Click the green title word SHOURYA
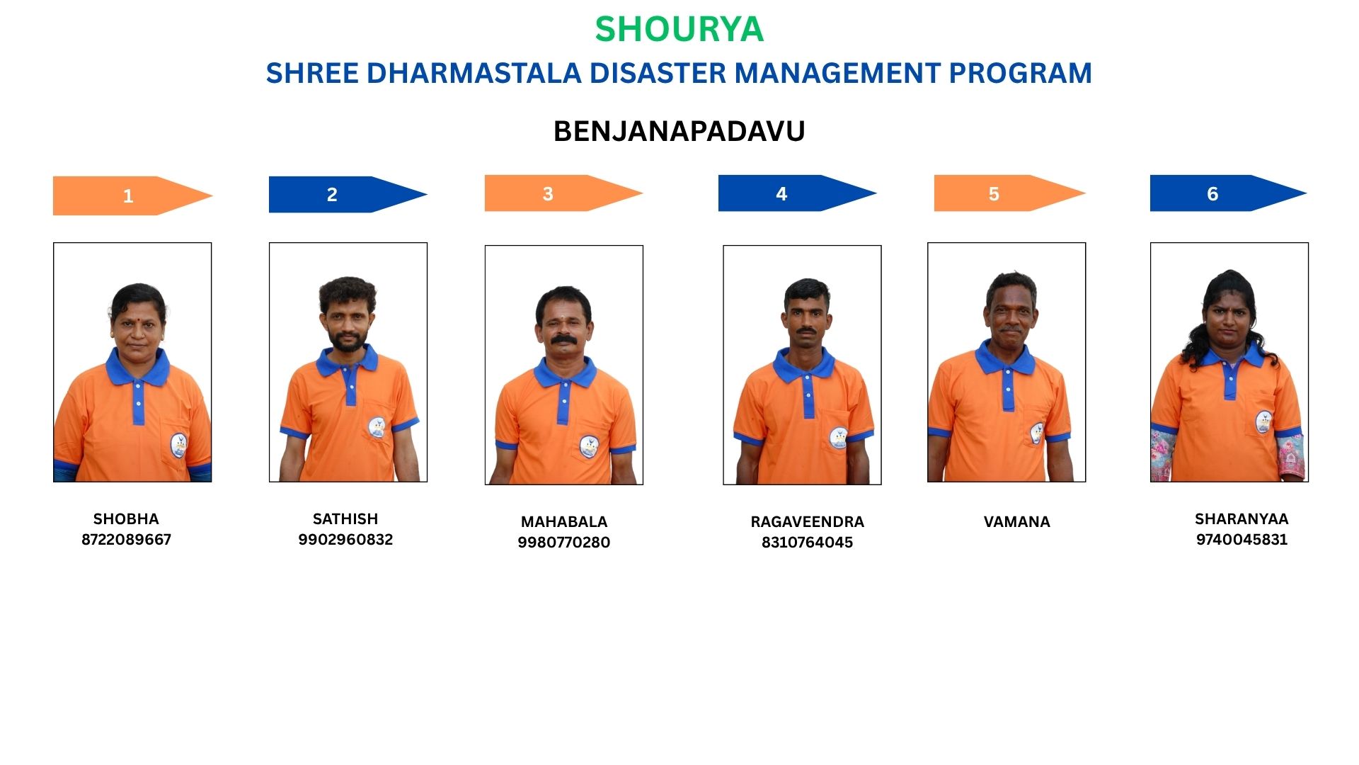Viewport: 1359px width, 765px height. click(679, 29)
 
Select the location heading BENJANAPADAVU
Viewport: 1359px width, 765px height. click(679, 132)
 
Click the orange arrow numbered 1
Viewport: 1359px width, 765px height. click(132, 195)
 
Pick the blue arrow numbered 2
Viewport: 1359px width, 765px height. click(348, 194)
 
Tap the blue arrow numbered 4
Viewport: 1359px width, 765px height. click(798, 193)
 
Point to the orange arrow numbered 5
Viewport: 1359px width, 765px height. click(1010, 193)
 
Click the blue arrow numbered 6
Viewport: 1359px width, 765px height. click(1229, 193)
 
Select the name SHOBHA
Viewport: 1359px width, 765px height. click(126, 519)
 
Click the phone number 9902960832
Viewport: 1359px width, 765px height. click(345, 540)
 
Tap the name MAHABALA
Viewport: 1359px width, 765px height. click(564, 522)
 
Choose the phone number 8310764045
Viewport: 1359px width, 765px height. click(807, 543)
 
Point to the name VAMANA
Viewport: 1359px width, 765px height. click(1016, 522)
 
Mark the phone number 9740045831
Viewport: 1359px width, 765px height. click(1242, 540)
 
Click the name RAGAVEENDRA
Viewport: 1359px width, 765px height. click(807, 522)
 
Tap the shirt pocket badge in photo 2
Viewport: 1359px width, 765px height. click(377, 427)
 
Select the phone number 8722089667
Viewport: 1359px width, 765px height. click(126, 540)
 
